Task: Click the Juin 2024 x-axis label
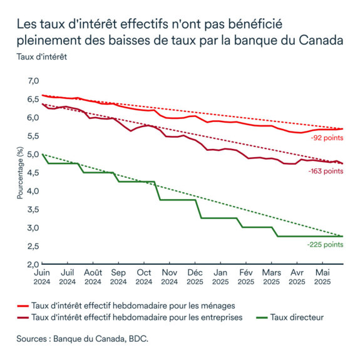[42, 277]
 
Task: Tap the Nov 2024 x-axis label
[169, 277]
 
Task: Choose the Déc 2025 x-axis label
[195, 277]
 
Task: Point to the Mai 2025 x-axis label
[322, 277]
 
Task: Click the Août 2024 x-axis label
[93, 277]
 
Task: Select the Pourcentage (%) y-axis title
[20, 173]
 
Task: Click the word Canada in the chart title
[320, 42]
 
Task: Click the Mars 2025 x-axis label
[271, 277]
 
